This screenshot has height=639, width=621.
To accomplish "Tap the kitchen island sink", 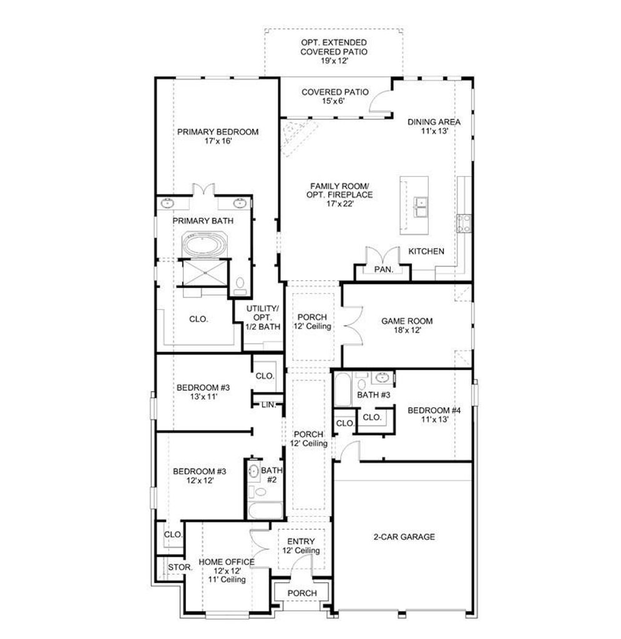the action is click(420, 207).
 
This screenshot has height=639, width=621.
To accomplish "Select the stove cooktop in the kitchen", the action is click(464, 223).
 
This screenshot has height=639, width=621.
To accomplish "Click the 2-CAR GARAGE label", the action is click(404, 537).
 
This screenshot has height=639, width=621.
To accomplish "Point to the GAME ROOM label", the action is click(407, 321).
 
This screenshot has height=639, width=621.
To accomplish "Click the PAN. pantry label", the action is click(383, 269).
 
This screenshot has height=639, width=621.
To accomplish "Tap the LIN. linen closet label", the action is click(269, 404).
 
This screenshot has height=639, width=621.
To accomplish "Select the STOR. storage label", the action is click(180, 567).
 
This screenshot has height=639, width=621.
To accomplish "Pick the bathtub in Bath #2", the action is click(265, 510).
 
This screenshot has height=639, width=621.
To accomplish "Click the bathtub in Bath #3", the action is click(343, 389).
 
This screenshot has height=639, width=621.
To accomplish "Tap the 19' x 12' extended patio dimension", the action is click(334, 61).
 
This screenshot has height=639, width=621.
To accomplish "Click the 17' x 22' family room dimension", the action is click(340, 204).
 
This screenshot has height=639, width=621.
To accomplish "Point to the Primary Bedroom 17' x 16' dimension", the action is click(218, 141).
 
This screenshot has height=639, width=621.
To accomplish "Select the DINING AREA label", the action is click(434, 122).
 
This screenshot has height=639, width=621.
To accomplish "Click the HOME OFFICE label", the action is click(227, 562).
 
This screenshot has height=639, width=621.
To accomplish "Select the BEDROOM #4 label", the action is click(434, 411).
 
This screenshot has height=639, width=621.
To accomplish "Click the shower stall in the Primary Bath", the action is click(205, 272).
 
